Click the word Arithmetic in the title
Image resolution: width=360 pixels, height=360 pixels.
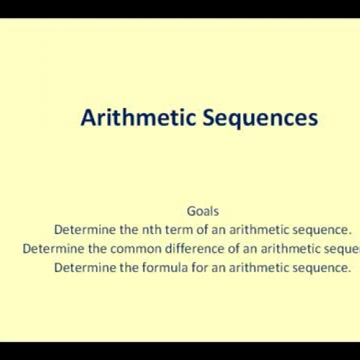[x=128, y=118]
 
